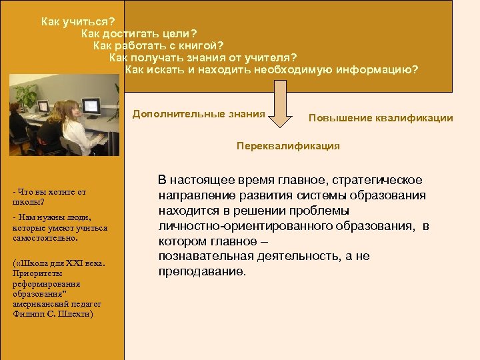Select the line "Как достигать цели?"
pos(139,33)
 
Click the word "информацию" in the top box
pos(381,69)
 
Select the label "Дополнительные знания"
pos(199,114)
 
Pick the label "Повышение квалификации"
pos(381,118)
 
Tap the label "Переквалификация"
pos(288,145)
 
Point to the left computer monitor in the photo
pos(43,106)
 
